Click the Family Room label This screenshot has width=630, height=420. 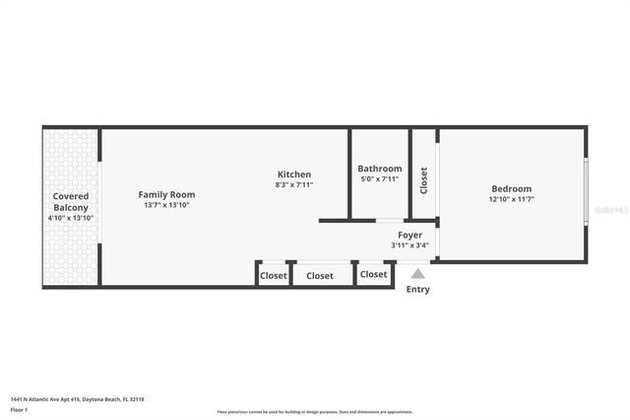coord(166,195)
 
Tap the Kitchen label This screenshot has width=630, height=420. coord(293,175)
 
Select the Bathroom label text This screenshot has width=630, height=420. coord(379,169)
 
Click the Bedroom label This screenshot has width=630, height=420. coord(511,189)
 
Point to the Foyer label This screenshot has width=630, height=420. coord(409,235)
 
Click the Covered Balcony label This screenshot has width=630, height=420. coord(71,202)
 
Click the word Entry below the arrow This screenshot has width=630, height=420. coord(418,290)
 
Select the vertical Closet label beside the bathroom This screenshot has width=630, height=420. coord(424,180)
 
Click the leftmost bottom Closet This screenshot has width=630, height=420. coord(274,276)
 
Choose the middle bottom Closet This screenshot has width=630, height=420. coord(320,276)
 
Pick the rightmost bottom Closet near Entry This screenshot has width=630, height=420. coord(374,275)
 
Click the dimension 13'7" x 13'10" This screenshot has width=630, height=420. coord(166,205)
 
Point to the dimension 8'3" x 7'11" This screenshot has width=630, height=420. coord(293,184)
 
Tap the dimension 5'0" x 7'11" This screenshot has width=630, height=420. coord(379,178)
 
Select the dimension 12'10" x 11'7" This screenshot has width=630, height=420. coord(511,199)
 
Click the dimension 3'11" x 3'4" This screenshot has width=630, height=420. coord(409,245)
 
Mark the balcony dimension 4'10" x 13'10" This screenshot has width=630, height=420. coord(71,218)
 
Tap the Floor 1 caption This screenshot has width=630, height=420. coord(20,408)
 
